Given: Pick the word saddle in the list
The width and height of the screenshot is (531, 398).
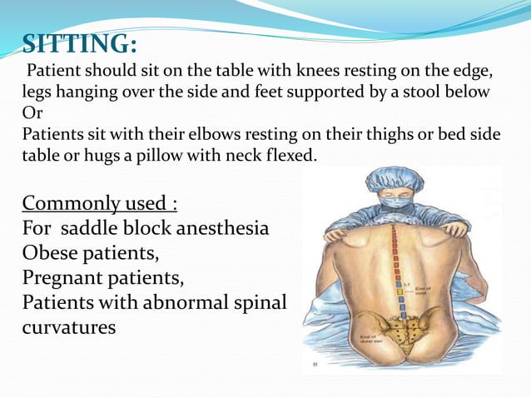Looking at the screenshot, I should pyautogui.click(x=108, y=227).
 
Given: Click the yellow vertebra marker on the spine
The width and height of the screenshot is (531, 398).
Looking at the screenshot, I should pyautogui.click(x=401, y=291).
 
